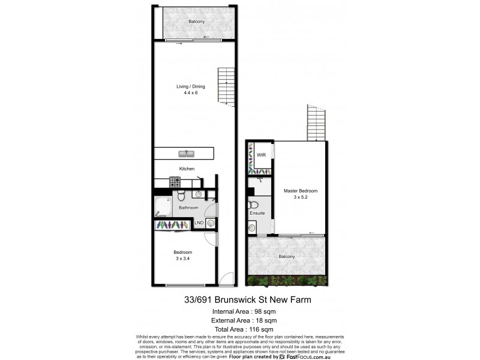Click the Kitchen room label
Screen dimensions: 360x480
point(187,169)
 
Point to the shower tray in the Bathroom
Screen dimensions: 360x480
point(162,207)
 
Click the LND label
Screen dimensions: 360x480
point(199,223)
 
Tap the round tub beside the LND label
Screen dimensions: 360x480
point(210,223)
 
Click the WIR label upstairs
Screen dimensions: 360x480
point(262,155)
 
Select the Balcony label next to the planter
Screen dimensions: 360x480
point(287,256)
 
